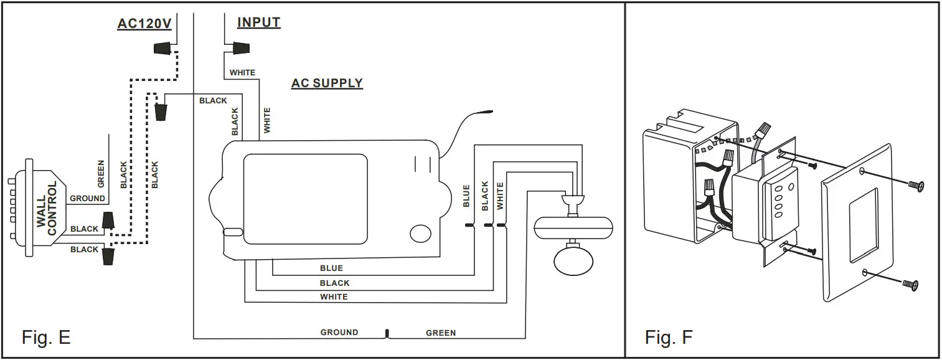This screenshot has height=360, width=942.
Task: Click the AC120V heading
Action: click(x=144, y=24)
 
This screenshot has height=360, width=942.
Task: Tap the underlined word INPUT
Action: click(x=258, y=22)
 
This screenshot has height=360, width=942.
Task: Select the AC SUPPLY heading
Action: click(x=327, y=83)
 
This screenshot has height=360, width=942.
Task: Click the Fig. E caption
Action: click(x=46, y=338)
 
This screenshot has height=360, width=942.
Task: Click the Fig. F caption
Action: click(x=669, y=338)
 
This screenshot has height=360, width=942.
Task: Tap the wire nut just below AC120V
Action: click(x=162, y=49)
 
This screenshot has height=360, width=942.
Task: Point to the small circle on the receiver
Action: click(x=421, y=234)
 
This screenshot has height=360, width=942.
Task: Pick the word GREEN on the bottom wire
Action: click(x=441, y=333)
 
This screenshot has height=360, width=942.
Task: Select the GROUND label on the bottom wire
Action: click(x=339, y=333)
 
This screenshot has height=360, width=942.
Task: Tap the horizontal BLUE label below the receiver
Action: click(x=331, y=268)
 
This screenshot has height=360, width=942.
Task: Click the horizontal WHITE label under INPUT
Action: click(x=242, y=73)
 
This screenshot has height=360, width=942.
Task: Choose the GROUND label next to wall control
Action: click(x=87, y=199)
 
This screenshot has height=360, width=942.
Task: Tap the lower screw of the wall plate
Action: click(x=910, y=284)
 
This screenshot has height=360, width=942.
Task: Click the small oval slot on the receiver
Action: click(x=232, y=232)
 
